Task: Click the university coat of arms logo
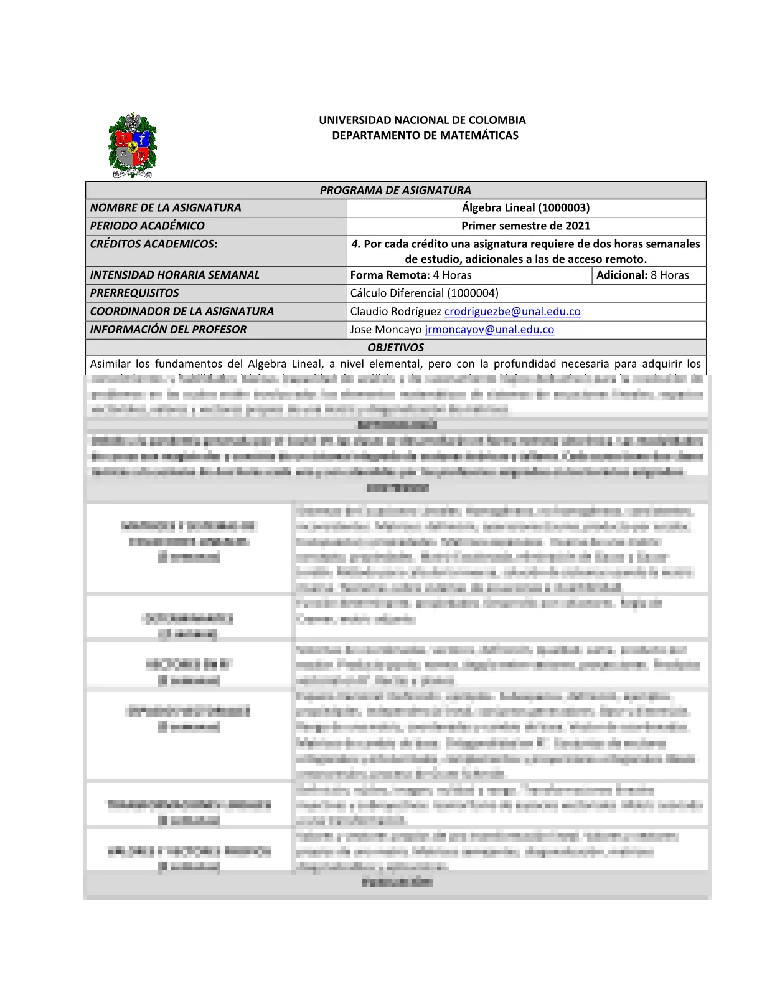pyautogui.click(x=132, y=146)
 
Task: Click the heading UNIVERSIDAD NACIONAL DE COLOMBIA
pyautogui.click(x=422, y=120)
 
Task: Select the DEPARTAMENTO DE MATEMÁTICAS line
pyautogui.click(x=425, y=135)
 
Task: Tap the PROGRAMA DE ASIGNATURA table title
pyautogui.click(x=395, y=190)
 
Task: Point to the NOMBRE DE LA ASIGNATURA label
pyautogui.click(x=166, y=207)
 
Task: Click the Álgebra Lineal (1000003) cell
pyautogui.click(x=525, y=207)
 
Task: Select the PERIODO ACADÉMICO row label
pyautogui.click(x=147, y=226)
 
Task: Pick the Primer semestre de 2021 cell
pyautogui.click(x=525, y=226)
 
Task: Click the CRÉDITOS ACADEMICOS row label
pyautogui.click(x=154, y=244)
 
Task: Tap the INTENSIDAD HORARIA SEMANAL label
pyautogui.click(x=174, y=275)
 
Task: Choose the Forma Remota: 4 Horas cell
pyautogui.click(x=411, y=275)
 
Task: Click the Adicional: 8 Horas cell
pyautogui.click(x=642, y=275)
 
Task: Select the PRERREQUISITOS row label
pyautogui.click(x=134, y=293)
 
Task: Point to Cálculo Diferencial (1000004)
pyautogui.click(x=424, y=293)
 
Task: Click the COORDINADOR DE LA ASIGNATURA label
pyautogui.click(x=182, y=311)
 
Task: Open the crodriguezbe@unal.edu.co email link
pyautogui.click(x=512, y=311)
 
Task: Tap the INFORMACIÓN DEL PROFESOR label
pyautogui.click(x=168, y=329)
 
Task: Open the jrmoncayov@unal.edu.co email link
pyautogui.click(x=489, y=329)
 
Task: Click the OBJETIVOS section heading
pyautogui.click(x=395, y=347)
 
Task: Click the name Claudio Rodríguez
pyautogui.click(x=395, y=311)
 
